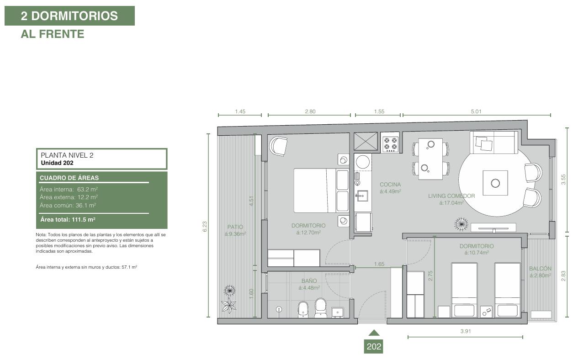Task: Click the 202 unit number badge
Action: click(x=373, y=346)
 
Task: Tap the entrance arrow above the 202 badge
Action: click(x=374, y=333)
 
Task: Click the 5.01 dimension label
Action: click(x=476, y=111)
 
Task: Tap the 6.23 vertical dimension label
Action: click(x=205, y=227)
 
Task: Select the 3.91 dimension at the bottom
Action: click(x=466, y=331)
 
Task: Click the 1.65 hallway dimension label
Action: click(x=379, y=264)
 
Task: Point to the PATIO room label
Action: click(x=235, y=227)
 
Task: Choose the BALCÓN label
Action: click(x=540, y=268)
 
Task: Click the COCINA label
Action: click(x=390, y=185)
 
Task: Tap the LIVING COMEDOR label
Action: click(x=451, y=196)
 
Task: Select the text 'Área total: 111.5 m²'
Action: click(x=68, y=220)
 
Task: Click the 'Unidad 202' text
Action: click(x=57, y=163)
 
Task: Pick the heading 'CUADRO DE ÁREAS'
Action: click(x=69, y=178)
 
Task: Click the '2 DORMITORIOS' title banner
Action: click(x=69, y=16)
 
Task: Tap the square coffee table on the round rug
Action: click(x=495, y=183)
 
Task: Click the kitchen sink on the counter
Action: click(x=362, y=196)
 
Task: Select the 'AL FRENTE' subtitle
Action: click(x=53, y=34)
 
